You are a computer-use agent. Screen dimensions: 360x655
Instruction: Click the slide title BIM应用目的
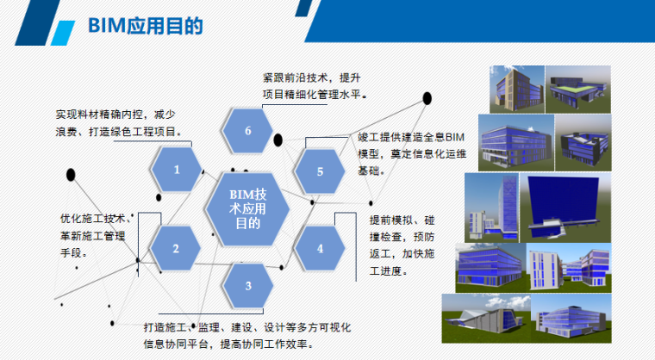tap(146, 27)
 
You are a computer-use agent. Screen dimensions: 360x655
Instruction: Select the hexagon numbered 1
tap(177, 170)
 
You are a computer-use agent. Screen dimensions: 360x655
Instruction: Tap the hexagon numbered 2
tap(175, 249)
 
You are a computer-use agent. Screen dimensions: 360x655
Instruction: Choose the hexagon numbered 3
tap(248, 286)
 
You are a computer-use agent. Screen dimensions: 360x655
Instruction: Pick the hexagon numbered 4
tap(320, 248)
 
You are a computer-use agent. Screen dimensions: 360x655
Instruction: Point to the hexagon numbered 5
tap(320, 171)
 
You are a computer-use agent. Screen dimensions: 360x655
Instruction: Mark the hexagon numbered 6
tap(248, 131)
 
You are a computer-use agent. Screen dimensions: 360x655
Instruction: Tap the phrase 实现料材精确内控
tap(103, 115)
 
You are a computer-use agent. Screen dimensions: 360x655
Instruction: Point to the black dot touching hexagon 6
tap(278, 138)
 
